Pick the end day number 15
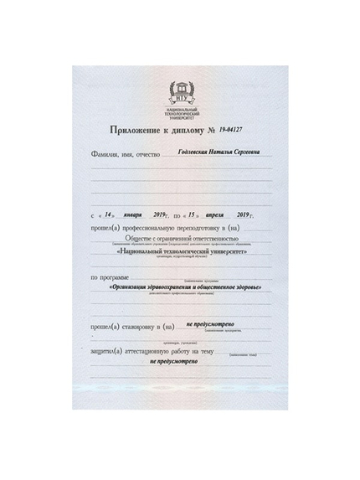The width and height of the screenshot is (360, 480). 192,214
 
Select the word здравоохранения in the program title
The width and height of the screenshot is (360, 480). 174,287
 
